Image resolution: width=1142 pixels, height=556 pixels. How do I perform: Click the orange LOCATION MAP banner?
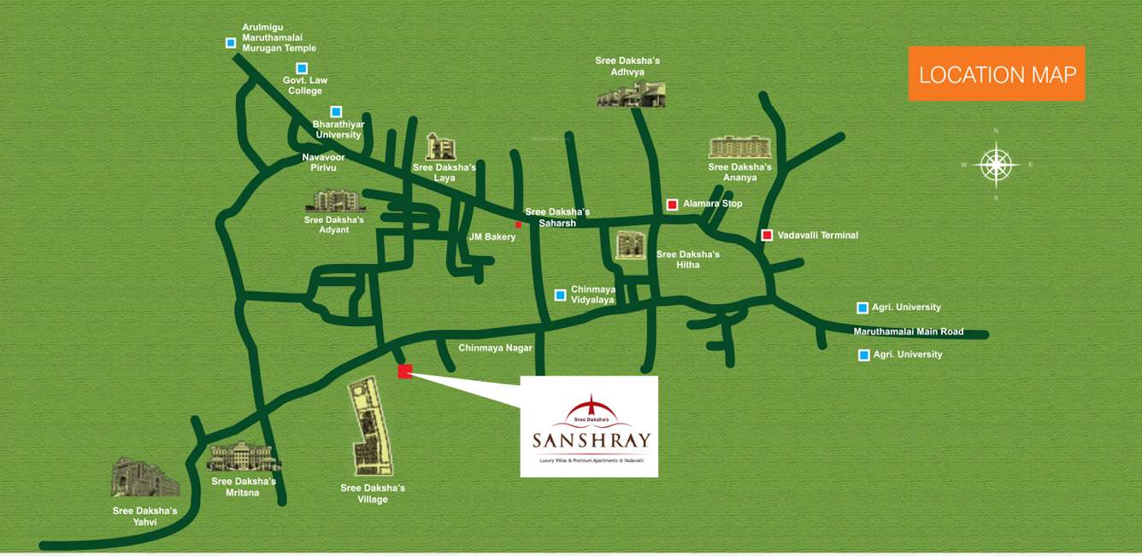(996, 73)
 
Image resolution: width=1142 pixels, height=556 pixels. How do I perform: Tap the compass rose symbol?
(996, 164)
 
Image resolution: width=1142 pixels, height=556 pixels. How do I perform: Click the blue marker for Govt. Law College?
(302, 68)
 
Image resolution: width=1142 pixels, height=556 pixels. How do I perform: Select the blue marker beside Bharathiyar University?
(336, 112)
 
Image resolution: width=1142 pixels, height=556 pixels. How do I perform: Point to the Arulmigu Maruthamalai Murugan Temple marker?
(231, 43)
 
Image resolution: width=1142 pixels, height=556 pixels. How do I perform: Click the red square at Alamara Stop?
(672, 204)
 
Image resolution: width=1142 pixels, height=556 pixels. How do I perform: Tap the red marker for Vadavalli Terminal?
(767, 235)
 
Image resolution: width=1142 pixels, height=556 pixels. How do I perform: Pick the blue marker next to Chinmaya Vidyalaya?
(560, 295)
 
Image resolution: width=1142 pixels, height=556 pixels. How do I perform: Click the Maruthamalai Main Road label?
(908, 331)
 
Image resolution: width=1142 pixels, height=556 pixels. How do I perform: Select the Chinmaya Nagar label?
(495, 348)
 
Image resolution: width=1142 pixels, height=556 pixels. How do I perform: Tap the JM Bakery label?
(492, 237)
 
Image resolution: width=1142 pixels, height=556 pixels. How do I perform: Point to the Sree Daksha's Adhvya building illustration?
(631, 94)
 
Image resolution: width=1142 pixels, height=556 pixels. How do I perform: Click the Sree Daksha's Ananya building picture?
(739, 147)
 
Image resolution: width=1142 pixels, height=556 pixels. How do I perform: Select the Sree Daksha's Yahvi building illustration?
(144, 478)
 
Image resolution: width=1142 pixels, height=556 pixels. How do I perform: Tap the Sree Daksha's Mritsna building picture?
(243, 456)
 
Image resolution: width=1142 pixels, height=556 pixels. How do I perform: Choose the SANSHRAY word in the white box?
(591, 441)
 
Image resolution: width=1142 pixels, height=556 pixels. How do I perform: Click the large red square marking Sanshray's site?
(405, 371)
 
